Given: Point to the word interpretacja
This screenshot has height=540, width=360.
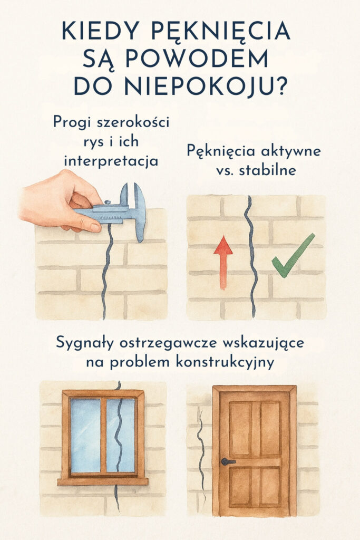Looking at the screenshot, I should click(111, 161).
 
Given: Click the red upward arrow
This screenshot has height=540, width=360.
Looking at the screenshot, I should click(223, 262).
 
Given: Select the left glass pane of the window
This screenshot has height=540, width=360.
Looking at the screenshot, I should click(85, 435).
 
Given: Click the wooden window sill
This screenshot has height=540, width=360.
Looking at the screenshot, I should click(102, 480).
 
